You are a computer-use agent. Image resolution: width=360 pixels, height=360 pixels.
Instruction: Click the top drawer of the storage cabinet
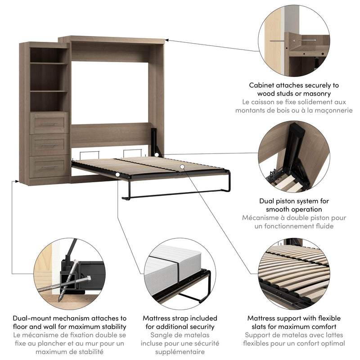tap(49, 122)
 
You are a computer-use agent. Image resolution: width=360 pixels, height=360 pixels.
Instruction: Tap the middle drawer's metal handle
tap(49, 145)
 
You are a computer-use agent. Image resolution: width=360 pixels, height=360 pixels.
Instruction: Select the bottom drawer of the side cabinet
tap(49, 166)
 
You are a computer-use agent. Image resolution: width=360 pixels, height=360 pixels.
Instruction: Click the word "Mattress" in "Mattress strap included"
tap(158, 318)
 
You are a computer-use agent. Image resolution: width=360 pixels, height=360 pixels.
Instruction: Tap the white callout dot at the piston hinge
tap(156, 155)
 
